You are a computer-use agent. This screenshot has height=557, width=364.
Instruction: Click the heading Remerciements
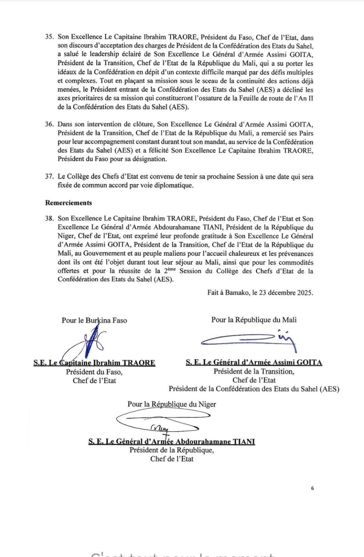69,203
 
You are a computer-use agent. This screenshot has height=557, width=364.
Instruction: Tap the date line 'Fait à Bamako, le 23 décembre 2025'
260,292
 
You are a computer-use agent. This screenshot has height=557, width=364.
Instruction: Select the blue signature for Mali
249,339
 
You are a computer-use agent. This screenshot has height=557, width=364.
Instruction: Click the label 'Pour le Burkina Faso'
94,320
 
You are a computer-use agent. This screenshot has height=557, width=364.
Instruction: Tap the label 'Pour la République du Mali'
254,320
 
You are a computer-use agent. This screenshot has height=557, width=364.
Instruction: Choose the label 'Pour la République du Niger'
172,404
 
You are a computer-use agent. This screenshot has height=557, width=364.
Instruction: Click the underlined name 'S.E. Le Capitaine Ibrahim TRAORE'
94,363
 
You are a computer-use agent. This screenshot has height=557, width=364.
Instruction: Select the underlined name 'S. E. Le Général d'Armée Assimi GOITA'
254,362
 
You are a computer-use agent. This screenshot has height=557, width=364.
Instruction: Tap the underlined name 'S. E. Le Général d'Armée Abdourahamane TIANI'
172,441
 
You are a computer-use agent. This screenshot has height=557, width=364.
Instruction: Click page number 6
312,488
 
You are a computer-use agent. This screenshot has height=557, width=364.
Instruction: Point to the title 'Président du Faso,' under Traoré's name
94,372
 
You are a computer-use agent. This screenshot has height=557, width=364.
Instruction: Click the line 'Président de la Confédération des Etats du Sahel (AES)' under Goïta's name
254,389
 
